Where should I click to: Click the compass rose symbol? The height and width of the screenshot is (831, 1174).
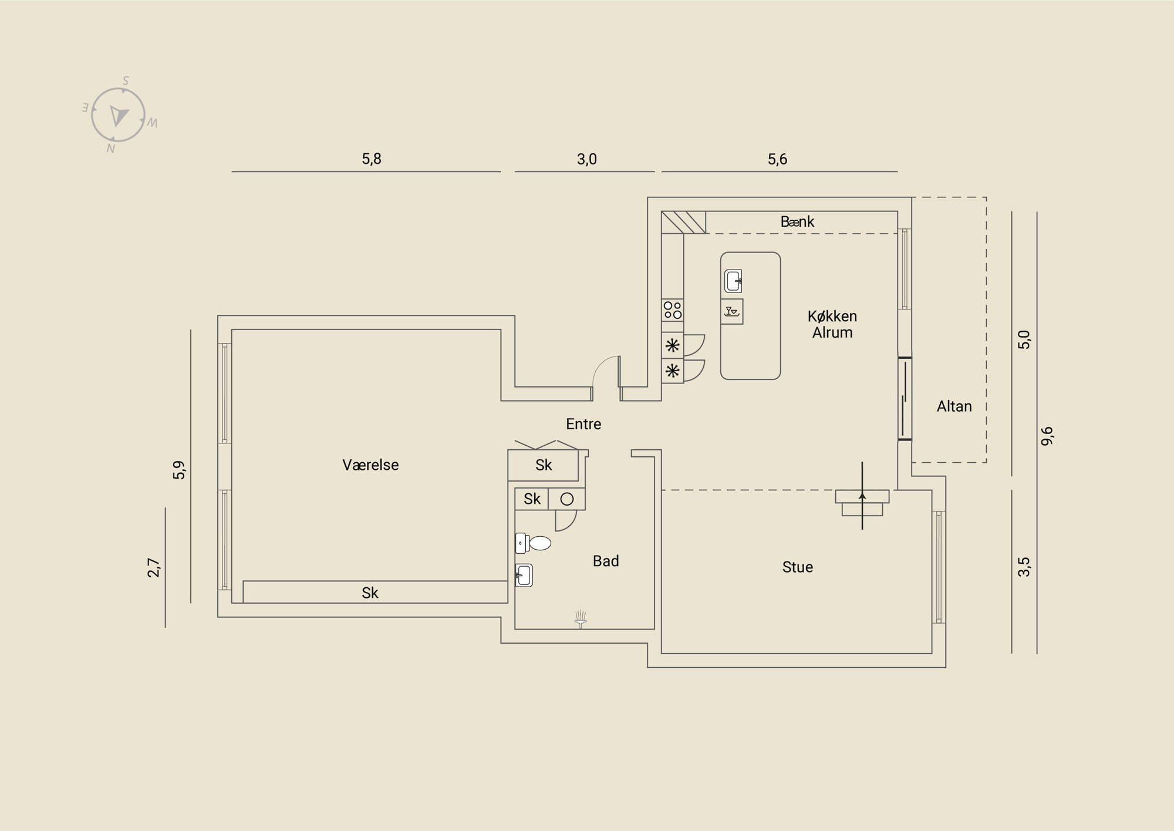(118, 115)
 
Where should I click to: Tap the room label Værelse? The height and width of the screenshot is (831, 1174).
(370, 465)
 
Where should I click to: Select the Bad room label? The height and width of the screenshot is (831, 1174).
(606, 561)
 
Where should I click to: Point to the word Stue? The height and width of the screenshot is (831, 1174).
(797, 567)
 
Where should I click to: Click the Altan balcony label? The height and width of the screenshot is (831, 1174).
(954, 406)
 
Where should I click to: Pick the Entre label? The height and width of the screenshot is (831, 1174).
(583, 424)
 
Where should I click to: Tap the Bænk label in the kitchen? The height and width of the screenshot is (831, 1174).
(797, 222)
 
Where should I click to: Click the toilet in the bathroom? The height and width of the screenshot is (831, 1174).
(533, 543)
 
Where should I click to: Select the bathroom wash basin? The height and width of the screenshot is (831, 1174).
(524, 576)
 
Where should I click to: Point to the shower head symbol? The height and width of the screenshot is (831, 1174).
(581, 619)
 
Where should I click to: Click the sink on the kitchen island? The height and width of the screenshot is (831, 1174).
(733, 281)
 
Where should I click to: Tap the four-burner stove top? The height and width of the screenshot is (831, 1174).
(673, 309)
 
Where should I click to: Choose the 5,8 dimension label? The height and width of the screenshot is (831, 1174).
(372, 159)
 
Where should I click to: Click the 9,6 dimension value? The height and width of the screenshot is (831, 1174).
(1047, 436)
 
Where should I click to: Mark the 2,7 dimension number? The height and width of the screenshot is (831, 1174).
(154, 567)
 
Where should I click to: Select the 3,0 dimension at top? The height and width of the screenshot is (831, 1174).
(587, 159)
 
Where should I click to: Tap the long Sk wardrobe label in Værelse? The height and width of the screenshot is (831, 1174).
(370, 593)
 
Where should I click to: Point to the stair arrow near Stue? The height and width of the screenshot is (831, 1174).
(862, 496)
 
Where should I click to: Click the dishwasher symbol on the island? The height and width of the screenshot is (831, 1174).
(732, 311)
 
